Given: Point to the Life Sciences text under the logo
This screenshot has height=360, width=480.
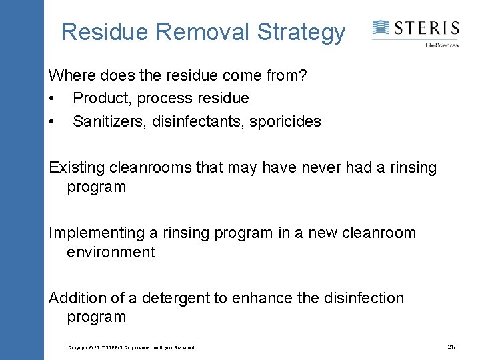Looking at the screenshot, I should point(442,45).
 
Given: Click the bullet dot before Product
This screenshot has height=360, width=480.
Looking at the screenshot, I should point(52,99).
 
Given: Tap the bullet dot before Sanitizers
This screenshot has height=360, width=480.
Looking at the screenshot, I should point(52,122).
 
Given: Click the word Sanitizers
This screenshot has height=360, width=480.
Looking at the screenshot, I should point(107,122).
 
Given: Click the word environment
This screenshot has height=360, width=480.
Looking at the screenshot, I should point(111,252).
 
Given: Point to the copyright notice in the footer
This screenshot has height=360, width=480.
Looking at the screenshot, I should point(131,348).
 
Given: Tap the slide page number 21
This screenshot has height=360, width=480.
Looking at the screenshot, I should point(451,347).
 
